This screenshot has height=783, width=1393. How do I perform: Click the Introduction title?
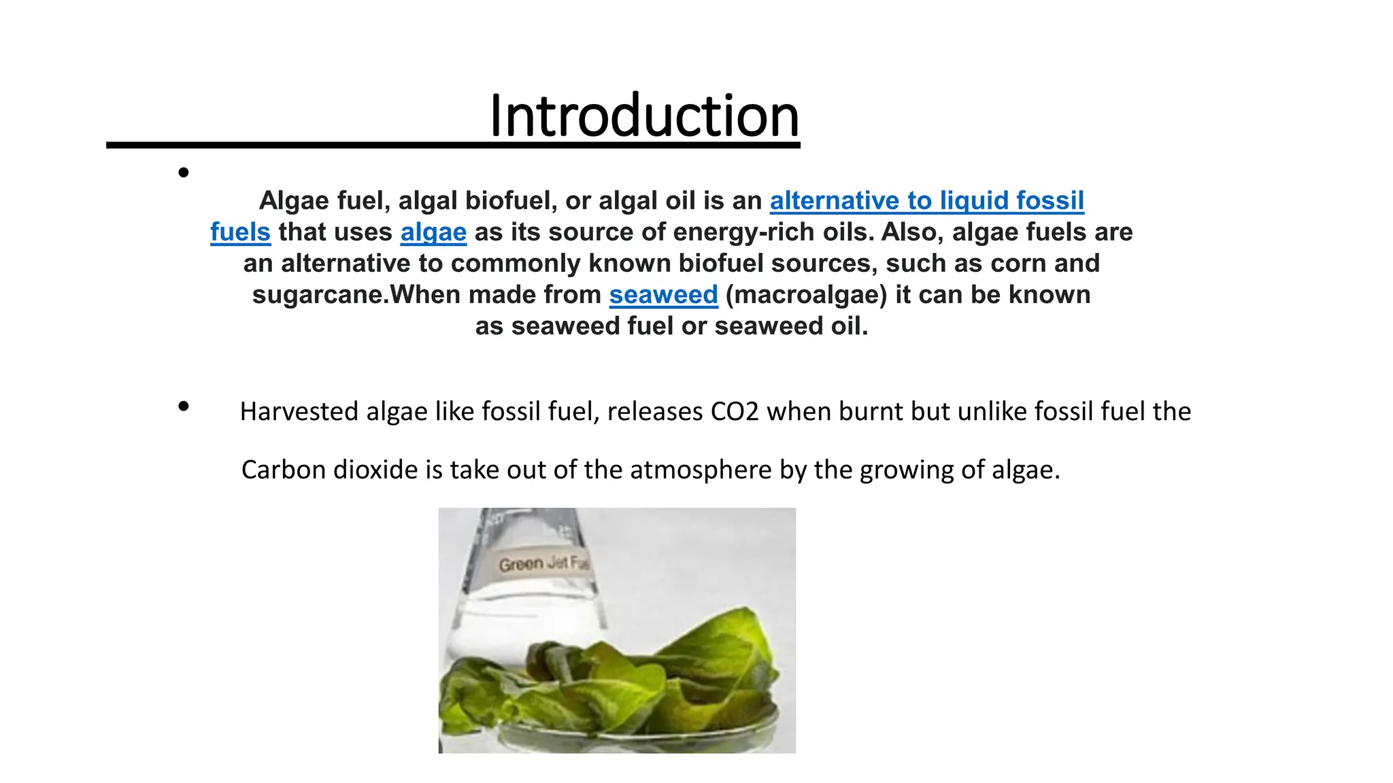643,116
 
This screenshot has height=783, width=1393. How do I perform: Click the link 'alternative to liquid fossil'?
926,201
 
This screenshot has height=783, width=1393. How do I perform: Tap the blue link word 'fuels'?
240,232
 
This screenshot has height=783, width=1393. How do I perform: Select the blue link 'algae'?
433,232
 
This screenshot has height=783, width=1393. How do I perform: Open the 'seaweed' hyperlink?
663,294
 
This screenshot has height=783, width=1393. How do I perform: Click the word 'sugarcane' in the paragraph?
318,294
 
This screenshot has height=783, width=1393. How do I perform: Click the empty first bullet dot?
183,173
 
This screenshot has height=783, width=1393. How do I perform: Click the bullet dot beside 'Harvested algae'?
183,406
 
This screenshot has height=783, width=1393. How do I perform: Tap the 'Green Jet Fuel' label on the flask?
542,563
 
